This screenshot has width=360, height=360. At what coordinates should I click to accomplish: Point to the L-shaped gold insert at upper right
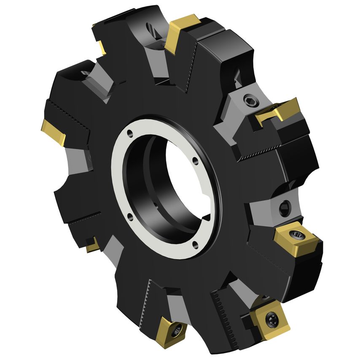[x=278, y=112]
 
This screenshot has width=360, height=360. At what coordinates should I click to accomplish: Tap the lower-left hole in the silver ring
[x=129, y=217]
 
